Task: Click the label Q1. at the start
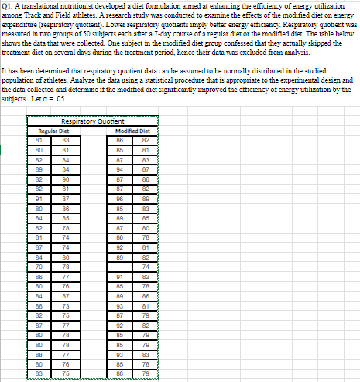pos(10,5)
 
